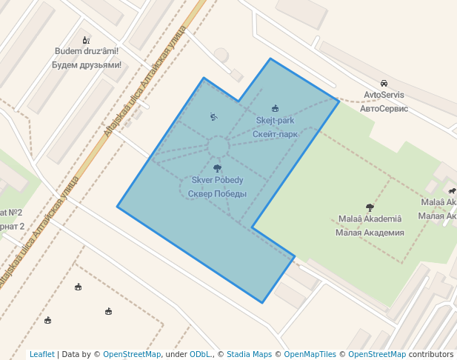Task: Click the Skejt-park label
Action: tap(275, 120)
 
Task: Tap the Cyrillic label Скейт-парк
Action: tap(275, 134)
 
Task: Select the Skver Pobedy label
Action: tap(217, 180)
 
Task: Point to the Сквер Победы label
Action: tap(217, 194)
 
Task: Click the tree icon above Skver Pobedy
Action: tap(217, 168)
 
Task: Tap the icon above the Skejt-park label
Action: tap(276, 108)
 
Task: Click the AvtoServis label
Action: tap(384, 95)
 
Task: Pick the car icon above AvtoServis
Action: tap(384, 83)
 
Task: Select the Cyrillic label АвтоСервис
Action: tap(384, 108)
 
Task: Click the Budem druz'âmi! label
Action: tap(87, 51)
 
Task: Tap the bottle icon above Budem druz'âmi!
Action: tap(86, 40)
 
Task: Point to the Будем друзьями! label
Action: tap(87, 65)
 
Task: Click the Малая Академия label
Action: tap(370, 233)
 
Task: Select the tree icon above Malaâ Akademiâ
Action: tap(370, 207)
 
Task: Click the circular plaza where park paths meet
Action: tap(218, 147)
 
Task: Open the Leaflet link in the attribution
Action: tap(41, 355)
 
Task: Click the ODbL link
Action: tap(200, 355)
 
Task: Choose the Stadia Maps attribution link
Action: tap(249, 355)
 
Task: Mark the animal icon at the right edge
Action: tap(452, 191)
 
